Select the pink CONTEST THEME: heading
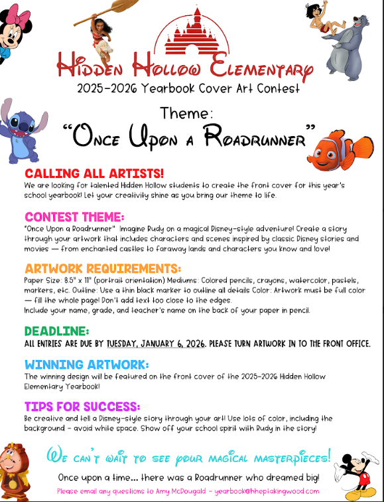click(x=74, y=217)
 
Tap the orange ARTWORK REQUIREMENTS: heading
click(x=102, y=268)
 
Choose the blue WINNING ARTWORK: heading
click(x=87, y=365)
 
